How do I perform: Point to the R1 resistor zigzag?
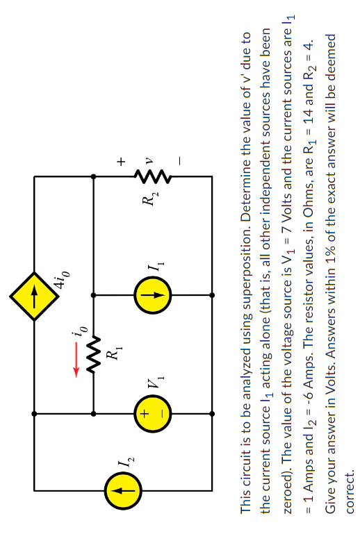point(94,354)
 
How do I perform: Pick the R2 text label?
point(147,202)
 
